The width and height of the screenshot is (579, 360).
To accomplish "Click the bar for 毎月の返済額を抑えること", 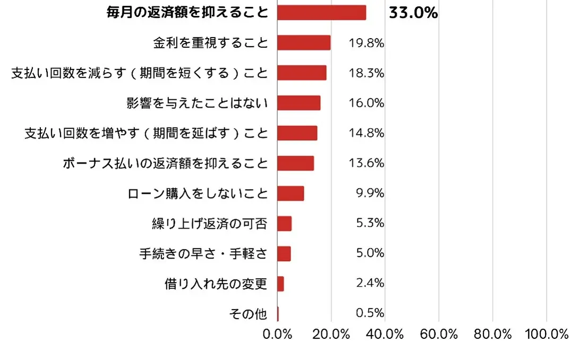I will (321, 13).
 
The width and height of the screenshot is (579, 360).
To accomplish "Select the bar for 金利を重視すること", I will (304, 43).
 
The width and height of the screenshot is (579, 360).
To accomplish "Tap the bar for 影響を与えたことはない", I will (299, 103).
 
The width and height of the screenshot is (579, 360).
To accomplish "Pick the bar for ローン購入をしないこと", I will (291, 194).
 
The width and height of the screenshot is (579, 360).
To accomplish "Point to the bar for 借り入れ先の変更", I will (280, 284).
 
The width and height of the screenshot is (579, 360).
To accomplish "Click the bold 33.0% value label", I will (413, 13).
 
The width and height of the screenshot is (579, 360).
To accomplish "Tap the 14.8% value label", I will (367, 133).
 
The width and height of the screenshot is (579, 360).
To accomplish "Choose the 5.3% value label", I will (370, 224).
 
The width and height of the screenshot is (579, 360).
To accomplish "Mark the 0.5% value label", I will (370, 313).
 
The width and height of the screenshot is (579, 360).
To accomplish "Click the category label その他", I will (248, 314).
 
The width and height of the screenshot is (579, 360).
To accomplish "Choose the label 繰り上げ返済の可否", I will (209, 224).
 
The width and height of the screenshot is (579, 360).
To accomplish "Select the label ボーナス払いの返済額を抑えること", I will (165, 164).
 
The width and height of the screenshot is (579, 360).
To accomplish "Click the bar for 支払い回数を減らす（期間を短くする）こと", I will (302, 73).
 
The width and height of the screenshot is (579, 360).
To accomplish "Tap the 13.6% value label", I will (367, 164).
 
